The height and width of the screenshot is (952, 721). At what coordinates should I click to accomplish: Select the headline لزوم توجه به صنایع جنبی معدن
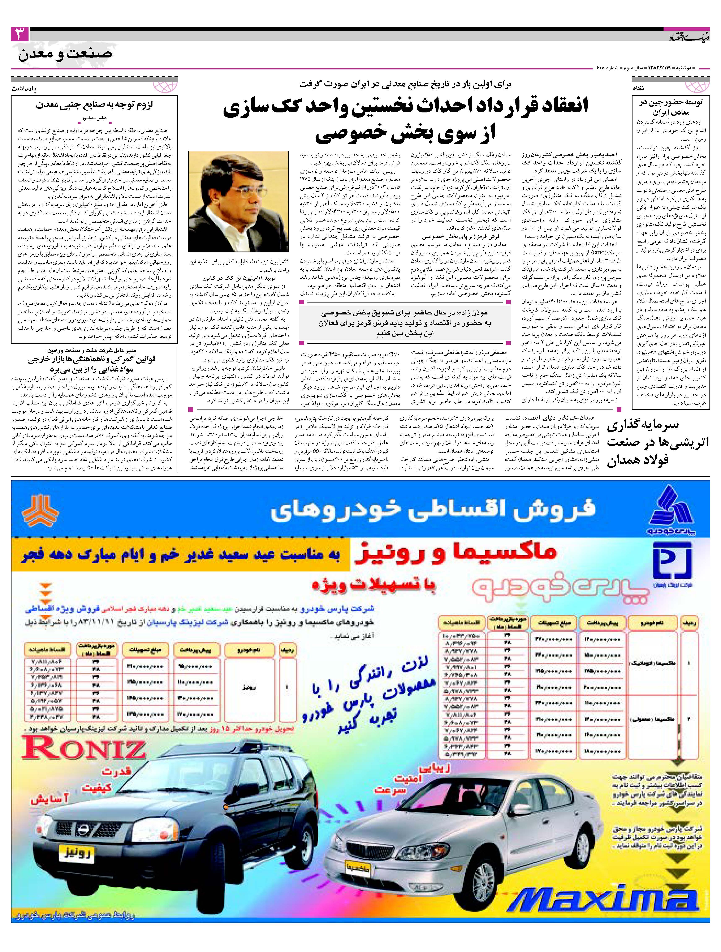(x=95, y=105)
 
